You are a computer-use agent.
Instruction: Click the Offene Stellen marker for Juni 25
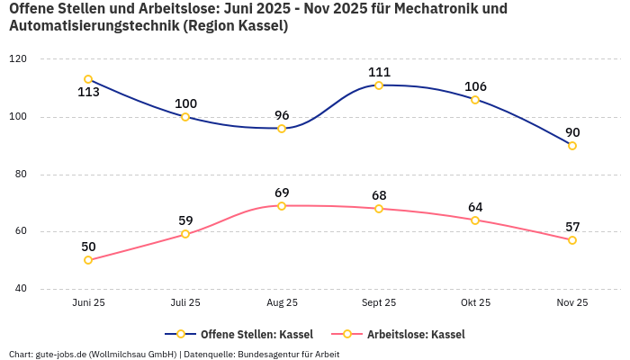[88, 79]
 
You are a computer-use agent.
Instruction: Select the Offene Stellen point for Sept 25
[379, 85]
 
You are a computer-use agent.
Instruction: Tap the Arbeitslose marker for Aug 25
[282, 206]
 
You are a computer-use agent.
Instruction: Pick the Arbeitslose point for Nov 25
[572, 240]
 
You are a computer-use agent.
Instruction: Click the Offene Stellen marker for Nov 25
[572, 146]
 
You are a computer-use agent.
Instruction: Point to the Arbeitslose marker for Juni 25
[88, 260]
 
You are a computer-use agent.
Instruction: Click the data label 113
[88, 92]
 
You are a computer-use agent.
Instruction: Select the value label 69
[282, 193]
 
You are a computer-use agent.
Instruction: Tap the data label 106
[475, 86]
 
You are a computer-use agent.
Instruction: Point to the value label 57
[572, 227]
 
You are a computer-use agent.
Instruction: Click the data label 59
[185, 220]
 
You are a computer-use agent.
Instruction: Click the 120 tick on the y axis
[18, 58]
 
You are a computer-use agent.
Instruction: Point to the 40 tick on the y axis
[20, 289]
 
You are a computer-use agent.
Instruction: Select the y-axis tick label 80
[20, 174]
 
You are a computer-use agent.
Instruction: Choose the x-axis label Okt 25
[475, 303]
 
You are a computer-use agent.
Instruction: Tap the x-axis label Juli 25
[185, 303]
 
